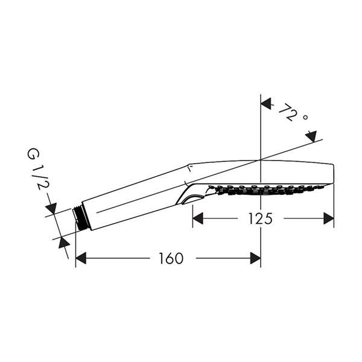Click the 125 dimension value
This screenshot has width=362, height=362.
click(260, 218)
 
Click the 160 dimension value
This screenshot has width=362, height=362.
click(171, 258)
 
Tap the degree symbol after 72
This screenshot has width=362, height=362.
click(305, 118)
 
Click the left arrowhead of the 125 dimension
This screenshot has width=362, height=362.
click(198, 218)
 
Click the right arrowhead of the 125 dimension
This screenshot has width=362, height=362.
click(329, 218)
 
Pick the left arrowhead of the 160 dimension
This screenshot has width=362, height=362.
click(81, 258)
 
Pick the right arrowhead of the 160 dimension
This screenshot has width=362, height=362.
click(256, 258)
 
